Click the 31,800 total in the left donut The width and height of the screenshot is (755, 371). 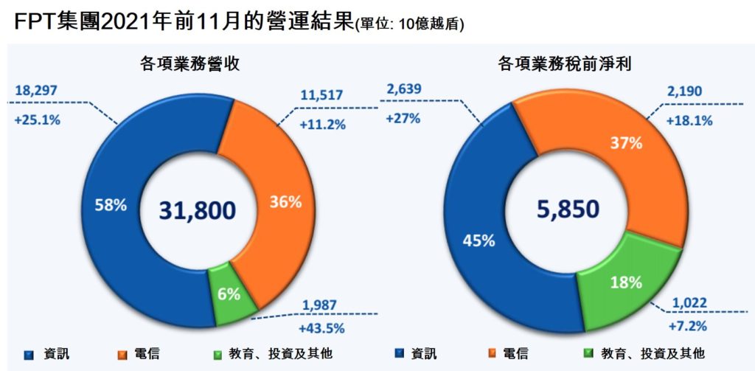click(x=198, y=210)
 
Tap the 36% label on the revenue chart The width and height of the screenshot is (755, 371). click(x=284, y=201)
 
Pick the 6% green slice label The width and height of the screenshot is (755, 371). click(x=229, y=294)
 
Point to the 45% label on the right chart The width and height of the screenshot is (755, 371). click(x=479, y=240)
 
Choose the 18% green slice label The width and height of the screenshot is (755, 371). click(x=616, y=282)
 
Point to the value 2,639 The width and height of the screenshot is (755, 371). click(x=404, y=91)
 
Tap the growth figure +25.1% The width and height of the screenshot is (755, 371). click(x=37, y=119)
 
